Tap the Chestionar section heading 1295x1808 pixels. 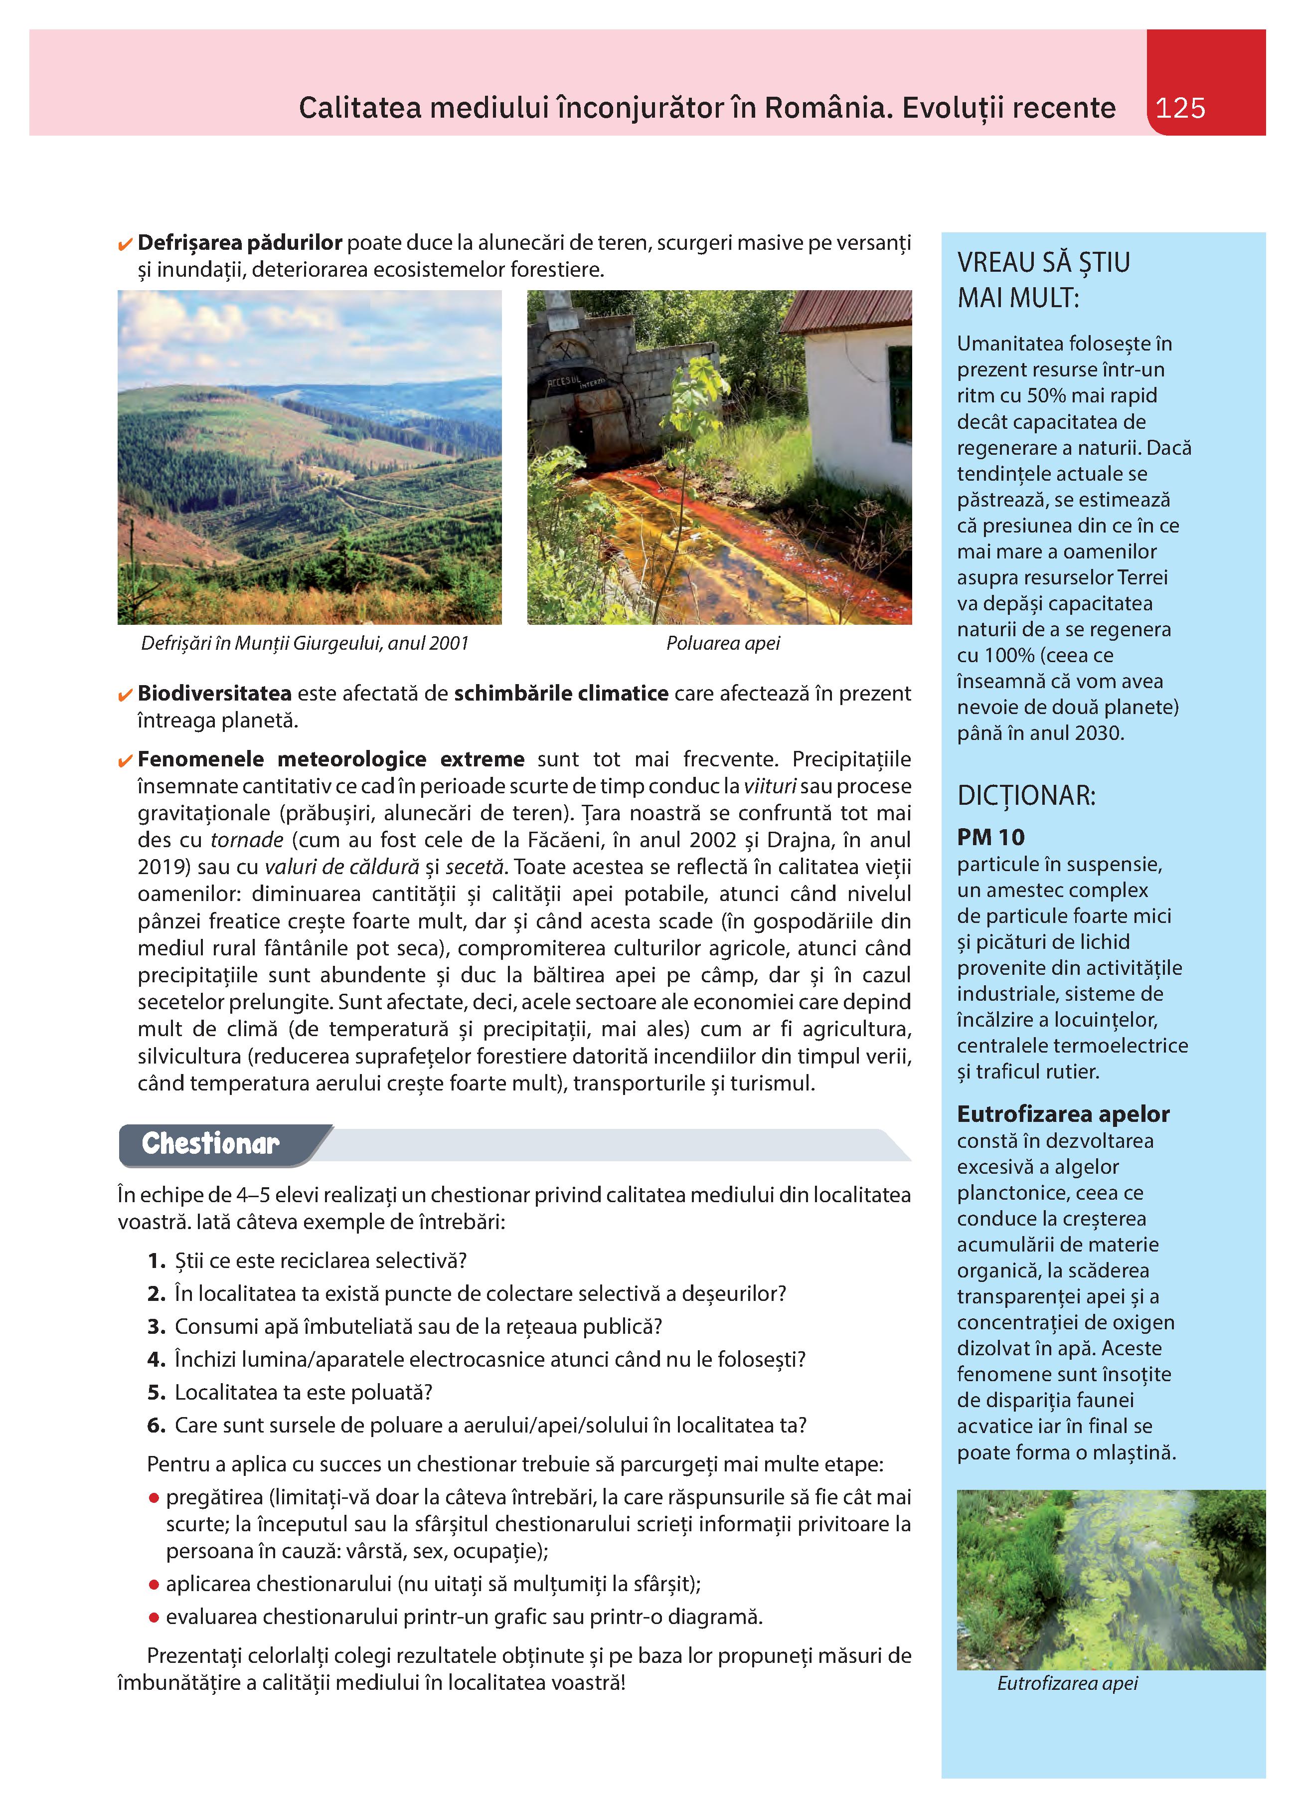click(x=210, y=1143)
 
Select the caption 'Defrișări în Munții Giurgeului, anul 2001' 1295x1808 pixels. click(x=305, y=643)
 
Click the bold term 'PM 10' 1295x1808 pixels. click(x=990, y=837)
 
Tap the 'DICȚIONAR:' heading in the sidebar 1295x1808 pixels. click(x=1026, y=796)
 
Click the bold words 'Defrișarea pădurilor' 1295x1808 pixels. click(x=240, y=243)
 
